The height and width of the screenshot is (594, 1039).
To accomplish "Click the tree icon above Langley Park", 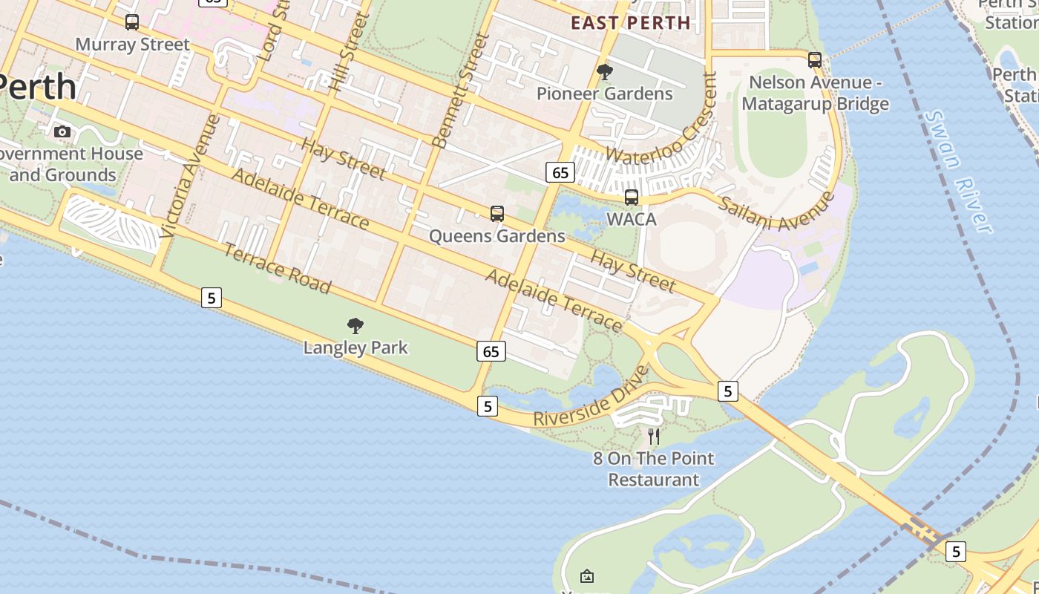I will [355, 325].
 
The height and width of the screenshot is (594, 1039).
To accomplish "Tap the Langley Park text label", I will [355, 347].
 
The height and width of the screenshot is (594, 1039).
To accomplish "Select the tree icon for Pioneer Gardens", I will [605, 72].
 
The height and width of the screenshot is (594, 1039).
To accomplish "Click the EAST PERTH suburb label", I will [631, 23].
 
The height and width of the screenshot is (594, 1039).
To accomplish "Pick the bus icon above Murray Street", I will [132, 22].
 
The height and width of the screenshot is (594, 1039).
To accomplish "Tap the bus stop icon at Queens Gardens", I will [497, 214].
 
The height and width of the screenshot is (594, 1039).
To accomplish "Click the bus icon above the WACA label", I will [632, 198].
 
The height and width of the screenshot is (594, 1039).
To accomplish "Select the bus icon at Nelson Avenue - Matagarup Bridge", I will [815, 60].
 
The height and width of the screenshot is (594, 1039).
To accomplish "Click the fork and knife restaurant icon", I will [654, 437].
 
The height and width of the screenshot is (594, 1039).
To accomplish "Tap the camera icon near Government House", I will [62, 132].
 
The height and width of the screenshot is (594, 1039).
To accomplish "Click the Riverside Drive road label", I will [591, 396].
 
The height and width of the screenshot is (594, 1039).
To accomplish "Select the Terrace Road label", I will [277, 268].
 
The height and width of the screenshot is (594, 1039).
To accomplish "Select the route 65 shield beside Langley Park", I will [491, 351].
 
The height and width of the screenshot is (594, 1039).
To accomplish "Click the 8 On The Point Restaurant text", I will [654, 469].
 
